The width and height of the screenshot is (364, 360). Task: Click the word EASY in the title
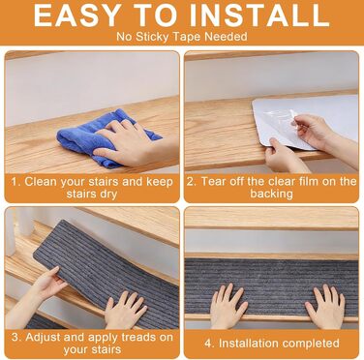76,15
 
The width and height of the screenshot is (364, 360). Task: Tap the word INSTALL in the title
259,15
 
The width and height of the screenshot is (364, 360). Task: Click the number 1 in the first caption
15,182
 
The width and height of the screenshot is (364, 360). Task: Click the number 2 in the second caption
191,181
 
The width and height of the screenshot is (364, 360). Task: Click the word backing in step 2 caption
271,194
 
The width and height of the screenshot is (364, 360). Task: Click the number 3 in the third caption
15,338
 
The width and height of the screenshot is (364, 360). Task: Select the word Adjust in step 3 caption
43,338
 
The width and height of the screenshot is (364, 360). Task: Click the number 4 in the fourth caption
208,344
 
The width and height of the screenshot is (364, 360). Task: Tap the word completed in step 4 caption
309,344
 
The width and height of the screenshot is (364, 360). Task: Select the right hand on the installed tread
324,307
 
